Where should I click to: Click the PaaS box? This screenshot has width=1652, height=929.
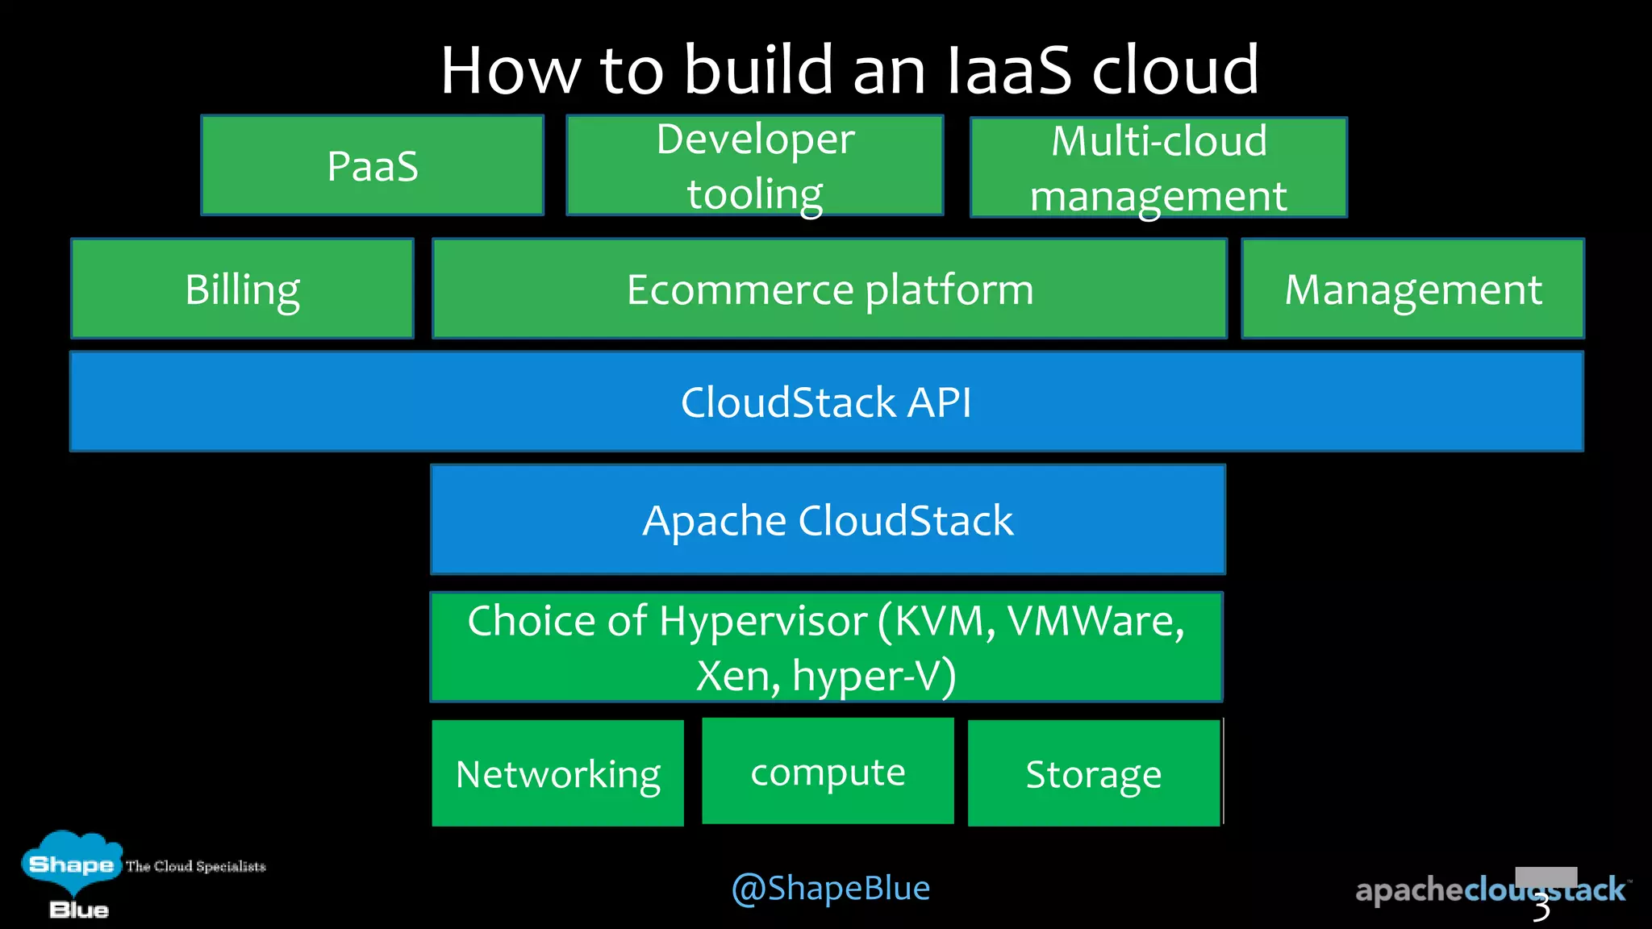point(372,166)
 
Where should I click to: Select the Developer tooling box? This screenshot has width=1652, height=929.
point(755,166)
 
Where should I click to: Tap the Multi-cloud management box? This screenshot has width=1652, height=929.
point(1158,168)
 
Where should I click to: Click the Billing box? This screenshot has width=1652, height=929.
point(242,289)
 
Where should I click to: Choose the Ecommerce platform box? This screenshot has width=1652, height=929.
point(829,289)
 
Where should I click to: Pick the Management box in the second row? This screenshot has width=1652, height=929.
point(1412,289)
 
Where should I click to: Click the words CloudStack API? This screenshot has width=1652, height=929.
point(826,402)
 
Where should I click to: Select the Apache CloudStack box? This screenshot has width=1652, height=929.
point(828,519)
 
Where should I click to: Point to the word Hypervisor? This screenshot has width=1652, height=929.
point(762,621)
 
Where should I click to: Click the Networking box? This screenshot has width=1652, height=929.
point(557,773)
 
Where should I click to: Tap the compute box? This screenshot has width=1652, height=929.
point(828,772)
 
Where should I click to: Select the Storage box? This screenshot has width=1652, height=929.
point(1093,773)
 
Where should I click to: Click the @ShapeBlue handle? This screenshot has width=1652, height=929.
point(830,888)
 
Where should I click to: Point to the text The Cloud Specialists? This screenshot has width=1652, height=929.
point(196,866)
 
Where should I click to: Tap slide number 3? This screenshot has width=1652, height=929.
point(1541,908)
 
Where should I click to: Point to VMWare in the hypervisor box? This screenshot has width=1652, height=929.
point(1095,621)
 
